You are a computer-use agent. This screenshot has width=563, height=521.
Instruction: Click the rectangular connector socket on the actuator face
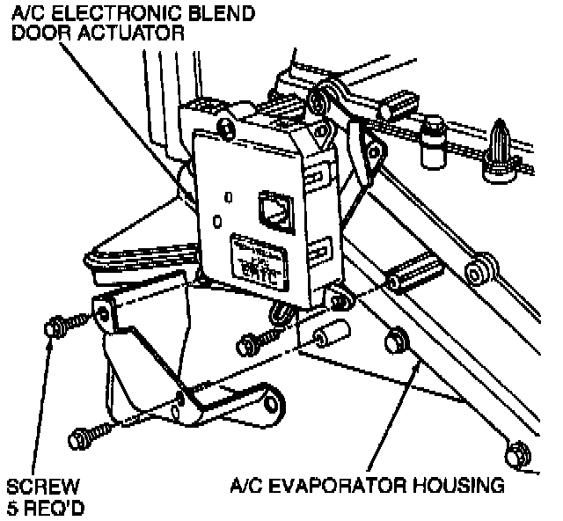coord(271,209)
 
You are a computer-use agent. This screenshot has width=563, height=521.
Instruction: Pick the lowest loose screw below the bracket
coord(84,435)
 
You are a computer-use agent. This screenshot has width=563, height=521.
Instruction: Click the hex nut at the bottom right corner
coord(515,454)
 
